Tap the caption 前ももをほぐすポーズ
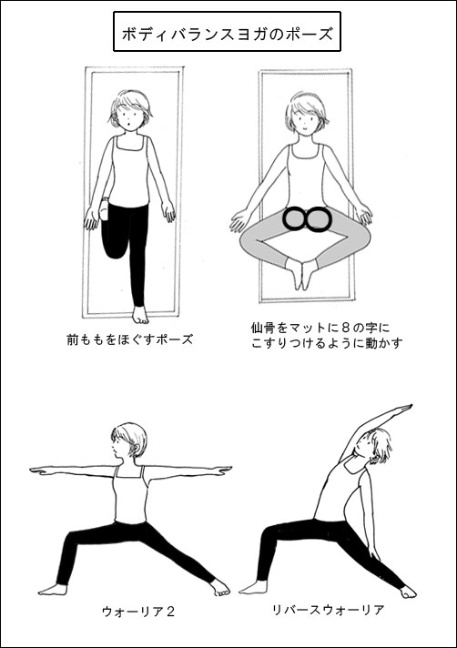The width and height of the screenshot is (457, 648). [130, 339]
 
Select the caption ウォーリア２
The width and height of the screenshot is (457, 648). [138, 612]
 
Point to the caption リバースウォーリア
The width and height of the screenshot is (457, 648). [329, 610]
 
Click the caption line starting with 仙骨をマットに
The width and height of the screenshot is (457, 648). [320, 329]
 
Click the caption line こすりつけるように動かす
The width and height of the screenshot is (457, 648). [327, 343]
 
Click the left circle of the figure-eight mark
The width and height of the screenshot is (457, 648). [295, 218]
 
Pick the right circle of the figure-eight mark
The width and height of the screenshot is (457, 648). [318, 218]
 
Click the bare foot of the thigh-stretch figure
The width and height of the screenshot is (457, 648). [139, 314]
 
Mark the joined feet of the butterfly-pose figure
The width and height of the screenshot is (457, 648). [302, 275]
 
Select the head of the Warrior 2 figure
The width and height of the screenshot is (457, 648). [129, 441]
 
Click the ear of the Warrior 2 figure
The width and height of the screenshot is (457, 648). [135, 447]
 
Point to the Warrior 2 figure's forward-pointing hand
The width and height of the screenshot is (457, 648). [40, 470]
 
